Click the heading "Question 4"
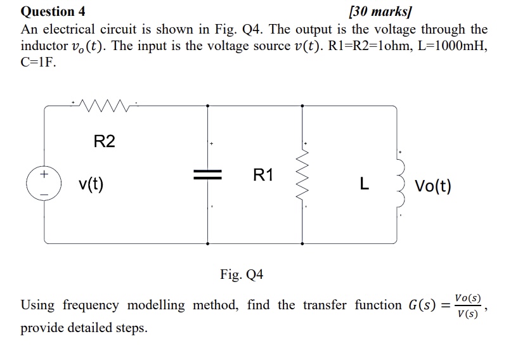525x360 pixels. point(53,11)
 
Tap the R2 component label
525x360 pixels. point(105,141)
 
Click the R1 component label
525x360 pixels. point(262,175)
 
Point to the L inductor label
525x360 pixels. point(363,184)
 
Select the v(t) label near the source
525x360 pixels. point(91,184)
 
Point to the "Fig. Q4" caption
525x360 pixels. point(242,274)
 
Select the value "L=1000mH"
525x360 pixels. point(451,47)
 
